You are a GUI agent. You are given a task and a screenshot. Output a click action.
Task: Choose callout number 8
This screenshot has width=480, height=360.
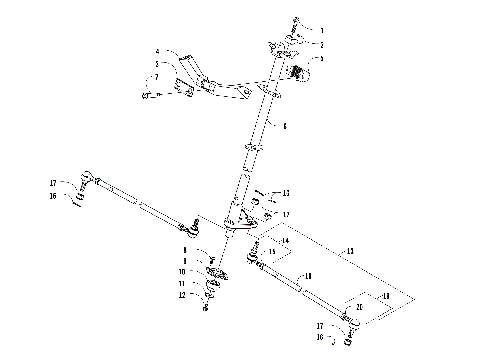(184, 248)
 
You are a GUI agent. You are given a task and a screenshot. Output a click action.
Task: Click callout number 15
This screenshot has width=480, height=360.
(271, 252)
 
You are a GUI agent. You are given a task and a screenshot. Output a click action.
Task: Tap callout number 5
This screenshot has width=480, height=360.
(157, 64)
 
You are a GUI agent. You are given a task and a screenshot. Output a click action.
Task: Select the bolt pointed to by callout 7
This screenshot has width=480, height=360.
(147, 96)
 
